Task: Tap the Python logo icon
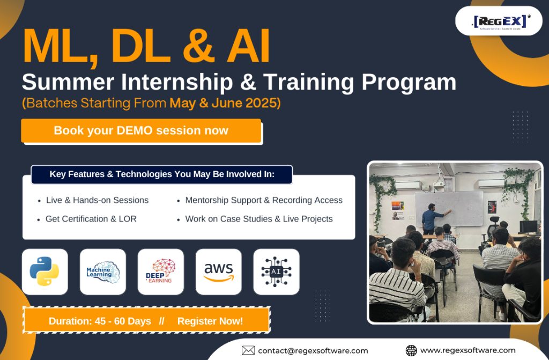click(44, 271)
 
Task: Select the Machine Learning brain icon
click(103, 271)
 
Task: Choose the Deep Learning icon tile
click(161, 271)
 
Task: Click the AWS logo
click(219, 272)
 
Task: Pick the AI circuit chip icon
click(276, 271)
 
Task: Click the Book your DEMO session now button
click(141, 131)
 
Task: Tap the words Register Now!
click(210, 321)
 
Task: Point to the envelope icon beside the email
click(248, 350)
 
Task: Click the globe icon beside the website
click(411, 350)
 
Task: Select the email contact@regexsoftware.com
click(313, 350)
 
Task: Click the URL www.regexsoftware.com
click(468, 350)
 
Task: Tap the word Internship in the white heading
click(177, 82)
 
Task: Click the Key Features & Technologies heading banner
click(162, 174)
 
